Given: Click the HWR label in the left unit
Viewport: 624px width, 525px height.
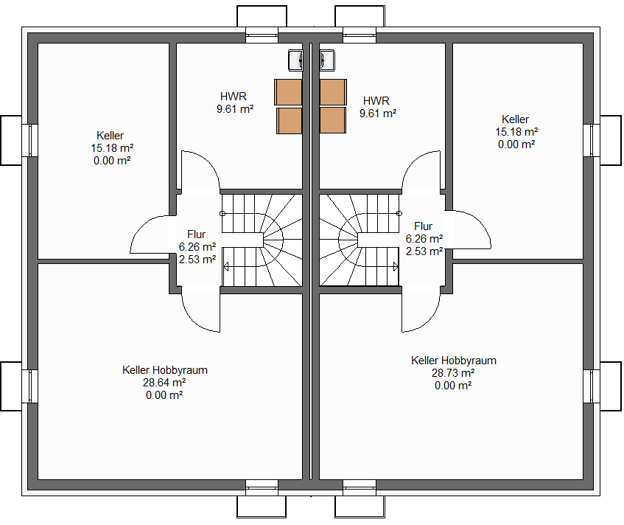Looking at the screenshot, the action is tap(234, 97).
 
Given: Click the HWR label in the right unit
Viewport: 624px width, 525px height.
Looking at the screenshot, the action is tap(376, 101).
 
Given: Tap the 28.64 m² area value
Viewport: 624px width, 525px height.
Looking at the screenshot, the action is tap(164, 383).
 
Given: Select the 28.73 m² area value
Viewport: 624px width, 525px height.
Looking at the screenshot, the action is tap(453, 373).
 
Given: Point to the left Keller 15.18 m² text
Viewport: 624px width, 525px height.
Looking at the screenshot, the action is tap(112, 148).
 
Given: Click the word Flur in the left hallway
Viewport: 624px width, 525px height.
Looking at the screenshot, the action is tap(196, 234).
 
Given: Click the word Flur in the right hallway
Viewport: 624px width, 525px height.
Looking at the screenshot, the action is tap(423, 226).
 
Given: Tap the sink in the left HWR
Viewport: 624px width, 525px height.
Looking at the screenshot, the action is tap(295, 60).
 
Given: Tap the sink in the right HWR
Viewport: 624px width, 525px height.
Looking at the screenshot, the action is tap(327, 60).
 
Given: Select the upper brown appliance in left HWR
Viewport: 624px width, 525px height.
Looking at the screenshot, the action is tap(288, 92).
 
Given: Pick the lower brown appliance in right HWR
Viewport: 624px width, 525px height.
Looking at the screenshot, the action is tap(333, 120).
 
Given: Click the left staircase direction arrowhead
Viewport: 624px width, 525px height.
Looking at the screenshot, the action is tap(226, 266).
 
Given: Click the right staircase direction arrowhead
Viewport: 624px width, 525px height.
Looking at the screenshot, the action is tap(396, 266).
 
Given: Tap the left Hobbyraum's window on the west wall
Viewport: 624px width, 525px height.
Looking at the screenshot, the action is tap(30, 386).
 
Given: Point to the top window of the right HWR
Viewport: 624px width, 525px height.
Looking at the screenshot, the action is tap(360, 35).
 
